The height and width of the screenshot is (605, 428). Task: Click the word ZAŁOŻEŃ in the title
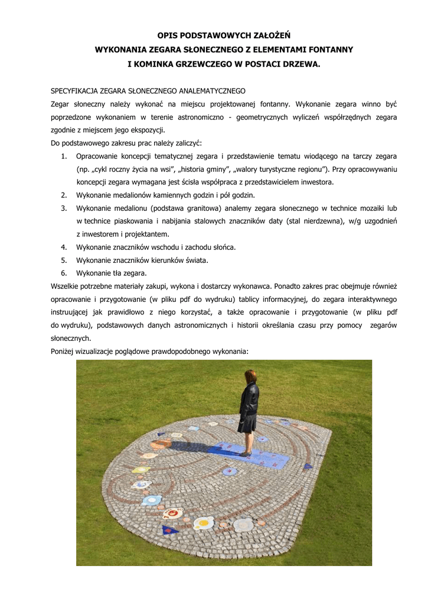(x=267, y=36)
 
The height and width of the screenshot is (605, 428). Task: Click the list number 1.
(x=63, y=156)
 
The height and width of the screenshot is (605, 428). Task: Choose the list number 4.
(x=63, y=247)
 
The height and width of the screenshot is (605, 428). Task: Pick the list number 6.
(x=63, y=273)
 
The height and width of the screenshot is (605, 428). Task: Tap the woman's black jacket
(x=249, y=402)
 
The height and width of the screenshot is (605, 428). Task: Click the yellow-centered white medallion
(x=203, y=523)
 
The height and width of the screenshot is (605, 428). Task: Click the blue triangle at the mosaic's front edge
(x=170, y=530)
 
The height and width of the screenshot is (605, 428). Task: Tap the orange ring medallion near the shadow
(x=159, y=444)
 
